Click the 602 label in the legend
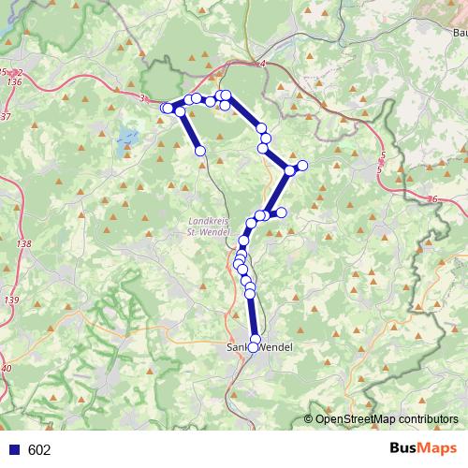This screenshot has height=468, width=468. click(x=38, y=450)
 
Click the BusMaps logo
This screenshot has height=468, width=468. click(x=423, y=449)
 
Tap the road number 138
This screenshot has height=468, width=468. click(x=24, y=244)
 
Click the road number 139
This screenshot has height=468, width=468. click(x=11, y=300)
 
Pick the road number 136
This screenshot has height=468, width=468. click(x=13, y=81)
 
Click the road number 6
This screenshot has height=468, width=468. click(x=435, y=199)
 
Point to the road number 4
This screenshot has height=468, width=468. click(x=264, y=64)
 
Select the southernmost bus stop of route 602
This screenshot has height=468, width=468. click(x=253, y=348)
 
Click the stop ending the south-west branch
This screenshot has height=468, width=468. click(x=199, y=150)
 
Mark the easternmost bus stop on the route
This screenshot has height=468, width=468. click(x=301, y=166)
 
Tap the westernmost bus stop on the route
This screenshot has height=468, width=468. click(x=167, y=109)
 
